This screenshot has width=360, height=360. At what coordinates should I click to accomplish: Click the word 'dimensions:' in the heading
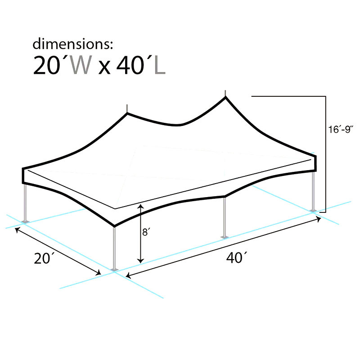[x=71, y=44]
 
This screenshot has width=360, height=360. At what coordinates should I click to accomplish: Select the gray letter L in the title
[x=159, y=66]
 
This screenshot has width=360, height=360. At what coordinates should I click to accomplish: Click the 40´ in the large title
[x=133, y=66]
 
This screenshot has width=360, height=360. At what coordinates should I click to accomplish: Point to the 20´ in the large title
[x=51, y=66]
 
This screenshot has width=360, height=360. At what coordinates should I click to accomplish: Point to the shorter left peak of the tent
[x=127, y=110]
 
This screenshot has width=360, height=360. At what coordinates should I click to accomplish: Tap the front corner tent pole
[x=114, y=247]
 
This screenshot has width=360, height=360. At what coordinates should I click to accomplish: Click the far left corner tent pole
[x=26, y=202]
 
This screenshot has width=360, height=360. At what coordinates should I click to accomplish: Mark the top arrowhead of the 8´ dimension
[x=141, y=207]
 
